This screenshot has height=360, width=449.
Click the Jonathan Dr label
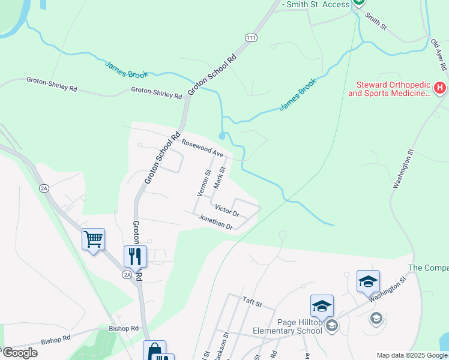click(215, 222)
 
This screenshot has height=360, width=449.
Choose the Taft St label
click(252, 301)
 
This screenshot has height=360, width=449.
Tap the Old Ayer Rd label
click(440, 53)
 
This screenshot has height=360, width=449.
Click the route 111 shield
click(251, 38)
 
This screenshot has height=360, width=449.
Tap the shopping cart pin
click(93, 239)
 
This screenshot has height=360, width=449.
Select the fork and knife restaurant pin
click(135, 256)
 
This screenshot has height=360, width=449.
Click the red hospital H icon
click(440, 89)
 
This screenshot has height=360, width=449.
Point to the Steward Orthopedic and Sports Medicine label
click(389, 89)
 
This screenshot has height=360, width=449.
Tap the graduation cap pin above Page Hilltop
click(322, 306)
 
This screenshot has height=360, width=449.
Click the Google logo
click(20, 352)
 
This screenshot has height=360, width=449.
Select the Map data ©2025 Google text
click(411, 355)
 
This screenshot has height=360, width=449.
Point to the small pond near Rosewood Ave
click(223, 136)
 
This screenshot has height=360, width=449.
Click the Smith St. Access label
click(316, 5)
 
